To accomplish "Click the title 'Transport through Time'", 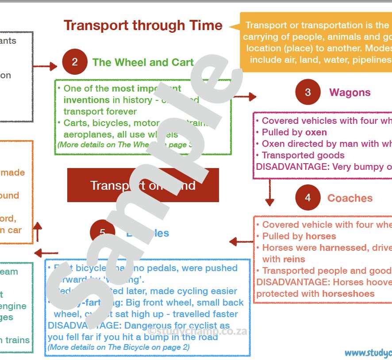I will (x=143, y=25).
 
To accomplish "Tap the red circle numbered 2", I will (x=75, y=62).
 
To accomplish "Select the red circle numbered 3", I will (x=308, y=92).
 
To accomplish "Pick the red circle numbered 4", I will (x=308, y=198).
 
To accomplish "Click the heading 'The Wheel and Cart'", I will (x=143, y=62).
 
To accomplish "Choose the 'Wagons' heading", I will (x=350, y=92).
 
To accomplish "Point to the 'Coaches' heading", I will (x=350, y=198).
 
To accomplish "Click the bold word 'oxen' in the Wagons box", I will (x=316, y=132).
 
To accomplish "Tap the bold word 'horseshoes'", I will (x=348, y=294).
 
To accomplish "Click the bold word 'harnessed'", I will (x=343, y=248).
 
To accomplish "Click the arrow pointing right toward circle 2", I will (x=46, y=67).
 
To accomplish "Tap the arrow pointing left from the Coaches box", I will (x=241, y=241).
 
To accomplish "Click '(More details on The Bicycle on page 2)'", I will (x=119, y=347).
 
